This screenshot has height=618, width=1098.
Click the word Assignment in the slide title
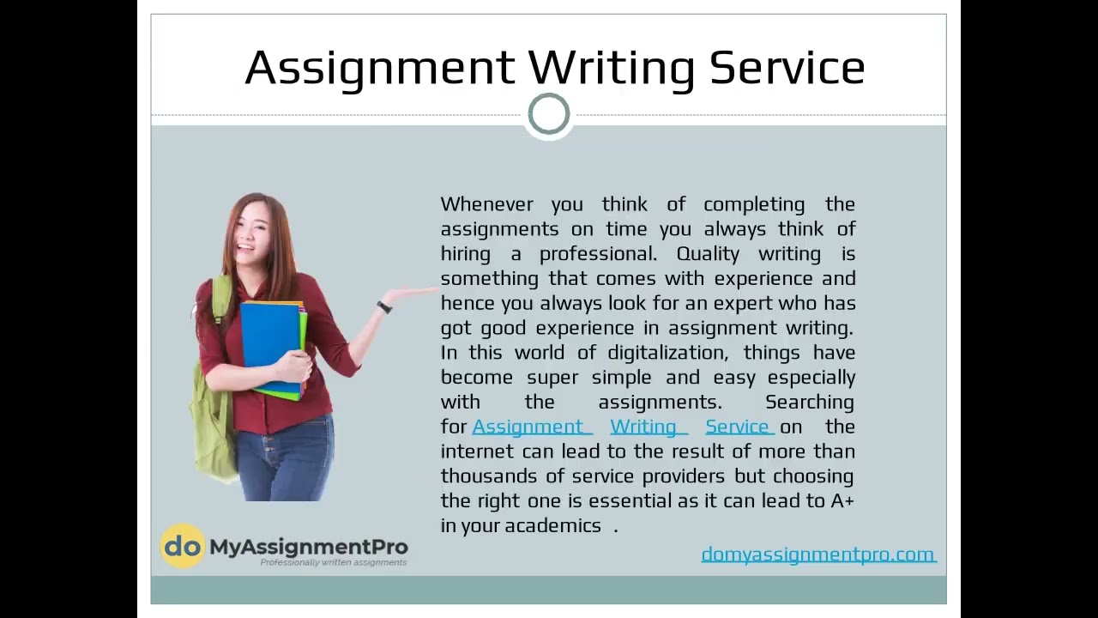pos(380,68)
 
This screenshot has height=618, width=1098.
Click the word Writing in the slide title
pos(611,68)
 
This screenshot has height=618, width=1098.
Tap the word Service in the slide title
pos(787,68)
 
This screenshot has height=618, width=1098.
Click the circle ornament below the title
pos(549,114)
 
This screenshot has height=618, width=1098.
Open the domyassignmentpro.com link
pos(817,554)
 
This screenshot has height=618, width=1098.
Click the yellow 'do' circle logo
pos(183,546)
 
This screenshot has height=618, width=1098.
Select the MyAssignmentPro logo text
pos(309,546)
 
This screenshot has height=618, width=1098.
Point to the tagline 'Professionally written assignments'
pos(333,563)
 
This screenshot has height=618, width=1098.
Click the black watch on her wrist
pos(384,307)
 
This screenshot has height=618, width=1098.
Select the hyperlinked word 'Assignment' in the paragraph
pos(528,427)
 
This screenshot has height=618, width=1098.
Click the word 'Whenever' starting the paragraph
pos(486,204)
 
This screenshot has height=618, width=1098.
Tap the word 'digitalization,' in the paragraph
pos(667,353)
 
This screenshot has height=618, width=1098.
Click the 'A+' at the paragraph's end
pos(842,500)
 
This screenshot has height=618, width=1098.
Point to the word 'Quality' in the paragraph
pos(708,254)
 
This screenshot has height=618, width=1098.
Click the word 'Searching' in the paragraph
pos(809,402)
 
